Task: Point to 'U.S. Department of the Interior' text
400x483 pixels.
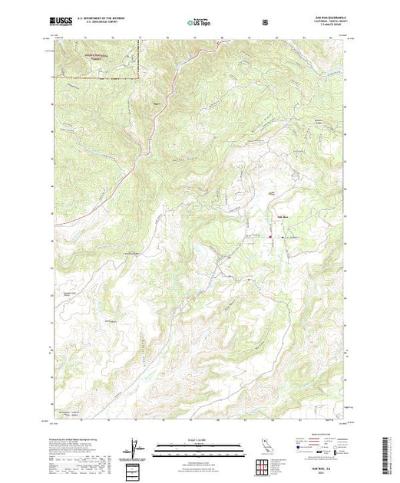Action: (x=99, y=18)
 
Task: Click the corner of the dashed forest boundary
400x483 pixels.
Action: (x=138, y=77)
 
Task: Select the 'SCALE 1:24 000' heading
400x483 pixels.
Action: (x=199, y=440)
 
